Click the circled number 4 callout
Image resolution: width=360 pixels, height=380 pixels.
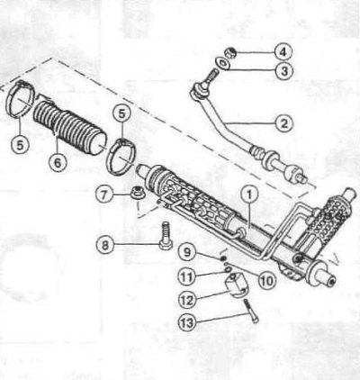[283, 52]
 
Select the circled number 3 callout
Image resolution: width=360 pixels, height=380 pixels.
[283, 71]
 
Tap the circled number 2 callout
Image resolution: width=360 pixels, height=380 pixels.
[283, 122]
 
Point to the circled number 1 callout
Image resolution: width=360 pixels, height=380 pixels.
[249, 195]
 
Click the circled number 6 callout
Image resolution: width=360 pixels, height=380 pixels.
[58, 162]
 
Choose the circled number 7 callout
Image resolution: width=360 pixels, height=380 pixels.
[104, 195]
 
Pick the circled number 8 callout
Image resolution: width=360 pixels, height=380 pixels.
[104, 245]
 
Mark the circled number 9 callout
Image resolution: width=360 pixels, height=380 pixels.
[187, 252]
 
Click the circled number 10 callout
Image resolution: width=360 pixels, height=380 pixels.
[267, 280]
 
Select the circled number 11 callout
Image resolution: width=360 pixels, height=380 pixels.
[186, 276]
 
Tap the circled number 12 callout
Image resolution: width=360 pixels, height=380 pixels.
[187, 299]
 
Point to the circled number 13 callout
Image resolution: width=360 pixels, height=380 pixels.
[187, 322]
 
